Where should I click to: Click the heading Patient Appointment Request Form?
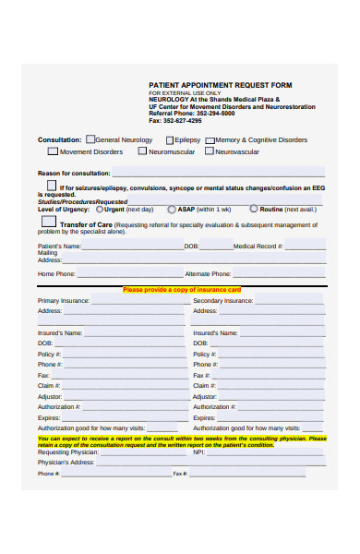point(220,84)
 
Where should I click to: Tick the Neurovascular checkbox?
point(210,151)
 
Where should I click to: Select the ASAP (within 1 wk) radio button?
point(172,210)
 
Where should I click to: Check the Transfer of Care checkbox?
point(52,223)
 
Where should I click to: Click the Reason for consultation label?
point(74,173)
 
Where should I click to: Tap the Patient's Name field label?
point(59,247)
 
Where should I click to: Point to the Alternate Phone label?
point(208,274)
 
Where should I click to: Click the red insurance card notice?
point(182,290)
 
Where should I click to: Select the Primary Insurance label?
point(64,301)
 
